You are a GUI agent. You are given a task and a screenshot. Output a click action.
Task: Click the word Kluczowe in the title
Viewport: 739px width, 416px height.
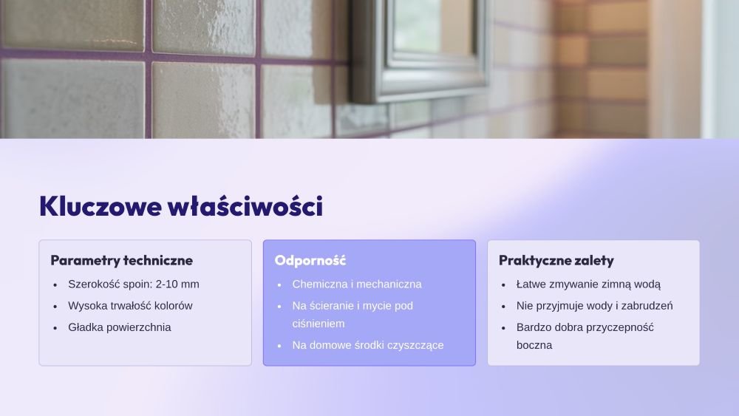[101, 206]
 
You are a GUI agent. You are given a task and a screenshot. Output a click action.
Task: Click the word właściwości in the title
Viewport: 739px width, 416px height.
[245, 206]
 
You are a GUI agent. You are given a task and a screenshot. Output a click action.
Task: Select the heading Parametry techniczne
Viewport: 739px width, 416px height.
[122, 261]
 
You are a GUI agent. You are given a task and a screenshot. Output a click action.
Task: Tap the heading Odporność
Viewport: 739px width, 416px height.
[310, 261]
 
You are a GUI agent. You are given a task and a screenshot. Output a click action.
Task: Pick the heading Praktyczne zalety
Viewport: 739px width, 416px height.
[556, 261]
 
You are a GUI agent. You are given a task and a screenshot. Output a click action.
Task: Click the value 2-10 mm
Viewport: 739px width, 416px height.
[177, 284]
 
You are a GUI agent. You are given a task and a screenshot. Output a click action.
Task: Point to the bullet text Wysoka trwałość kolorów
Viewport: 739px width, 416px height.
[130, 306]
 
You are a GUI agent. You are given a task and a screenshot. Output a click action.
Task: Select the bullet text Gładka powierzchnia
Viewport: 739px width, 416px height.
[119, 327]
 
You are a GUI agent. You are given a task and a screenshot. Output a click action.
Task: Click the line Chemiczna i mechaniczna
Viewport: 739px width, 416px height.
[357, 284]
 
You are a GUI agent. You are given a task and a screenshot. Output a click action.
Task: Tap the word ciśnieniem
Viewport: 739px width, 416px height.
[318, 324]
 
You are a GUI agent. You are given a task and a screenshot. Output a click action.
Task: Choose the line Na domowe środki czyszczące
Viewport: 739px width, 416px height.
[367, 345]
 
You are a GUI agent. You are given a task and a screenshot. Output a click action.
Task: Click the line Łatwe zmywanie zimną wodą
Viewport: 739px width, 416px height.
[588, 284]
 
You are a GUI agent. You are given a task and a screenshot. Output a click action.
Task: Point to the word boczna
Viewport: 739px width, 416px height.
[534, 345]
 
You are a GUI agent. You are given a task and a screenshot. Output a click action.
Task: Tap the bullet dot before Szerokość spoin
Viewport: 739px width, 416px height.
[55, 285]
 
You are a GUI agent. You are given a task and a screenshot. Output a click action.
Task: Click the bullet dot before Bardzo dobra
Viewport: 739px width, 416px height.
[503, 328]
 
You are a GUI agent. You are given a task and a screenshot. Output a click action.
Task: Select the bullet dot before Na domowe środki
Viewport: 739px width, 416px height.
[279, 346]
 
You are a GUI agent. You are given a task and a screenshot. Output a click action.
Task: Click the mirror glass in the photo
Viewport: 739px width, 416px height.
[434, 28]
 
